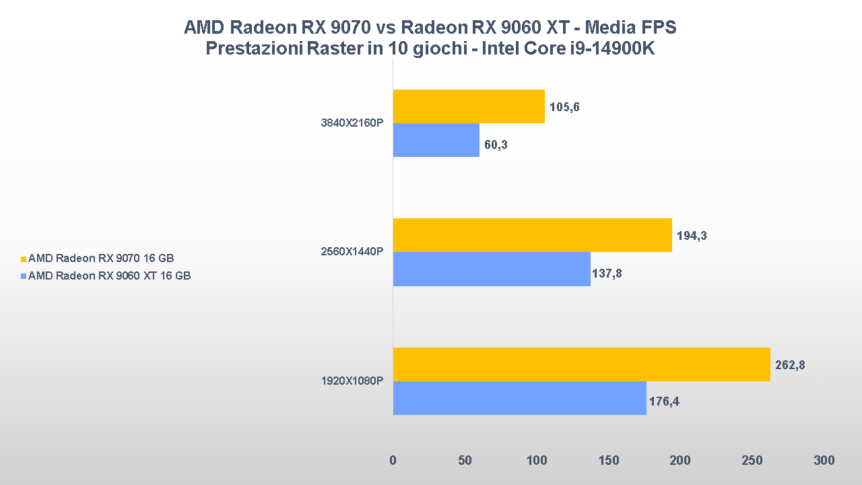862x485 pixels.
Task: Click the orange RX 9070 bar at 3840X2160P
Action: [469, 106]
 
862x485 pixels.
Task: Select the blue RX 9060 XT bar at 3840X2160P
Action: [436, 140]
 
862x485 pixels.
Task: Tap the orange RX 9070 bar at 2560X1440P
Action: [532, 235]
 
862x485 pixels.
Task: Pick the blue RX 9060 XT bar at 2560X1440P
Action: [492, 269]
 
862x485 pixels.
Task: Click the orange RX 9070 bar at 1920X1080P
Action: [581, 364]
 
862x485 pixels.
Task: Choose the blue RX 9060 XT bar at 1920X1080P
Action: [519, 398]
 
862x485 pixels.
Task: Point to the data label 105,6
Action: [564, 107]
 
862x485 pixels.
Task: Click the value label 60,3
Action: [496, 145]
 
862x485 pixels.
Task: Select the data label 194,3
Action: [692, 236]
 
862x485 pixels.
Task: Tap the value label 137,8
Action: [607, 273]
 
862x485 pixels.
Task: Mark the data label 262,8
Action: [790, 366]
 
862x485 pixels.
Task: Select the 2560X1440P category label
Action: [352, 252]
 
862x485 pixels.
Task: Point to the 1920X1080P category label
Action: [352, 381]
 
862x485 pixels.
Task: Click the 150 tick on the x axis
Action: [608, 461]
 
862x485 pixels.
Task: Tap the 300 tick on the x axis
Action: [824, 461]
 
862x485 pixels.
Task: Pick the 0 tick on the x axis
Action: [393, 461]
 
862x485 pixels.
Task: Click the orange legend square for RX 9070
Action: [24, 259]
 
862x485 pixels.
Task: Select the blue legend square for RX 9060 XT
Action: [24, 276]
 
